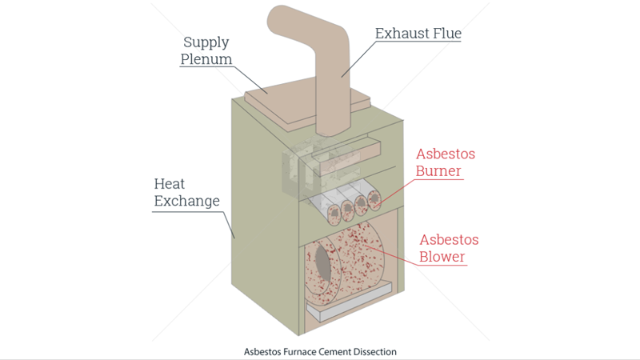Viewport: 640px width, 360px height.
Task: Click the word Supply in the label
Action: tap(206, 42)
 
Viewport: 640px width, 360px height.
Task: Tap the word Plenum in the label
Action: tap(206, 59)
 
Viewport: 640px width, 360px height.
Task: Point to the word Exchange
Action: tap(186, 201)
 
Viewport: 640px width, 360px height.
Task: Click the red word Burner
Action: tap(438, 171)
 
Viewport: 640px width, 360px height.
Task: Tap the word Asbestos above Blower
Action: tap(450, 239)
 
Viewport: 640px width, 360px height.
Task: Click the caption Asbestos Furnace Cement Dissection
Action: tap(320, 350)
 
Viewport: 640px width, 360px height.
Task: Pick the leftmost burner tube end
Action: tap(332, 212)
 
